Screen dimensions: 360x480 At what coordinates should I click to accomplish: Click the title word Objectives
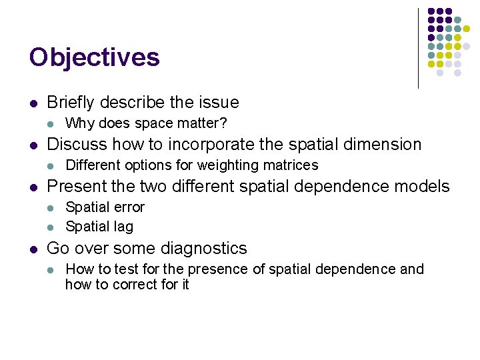95,57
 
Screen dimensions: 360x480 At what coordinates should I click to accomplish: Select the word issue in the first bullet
221,102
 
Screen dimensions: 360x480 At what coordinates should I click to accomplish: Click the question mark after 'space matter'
224,123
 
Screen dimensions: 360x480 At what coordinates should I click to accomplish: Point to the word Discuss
75,144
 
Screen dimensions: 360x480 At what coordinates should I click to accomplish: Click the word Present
75,187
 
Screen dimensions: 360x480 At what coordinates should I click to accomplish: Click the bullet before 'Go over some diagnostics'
33,249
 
